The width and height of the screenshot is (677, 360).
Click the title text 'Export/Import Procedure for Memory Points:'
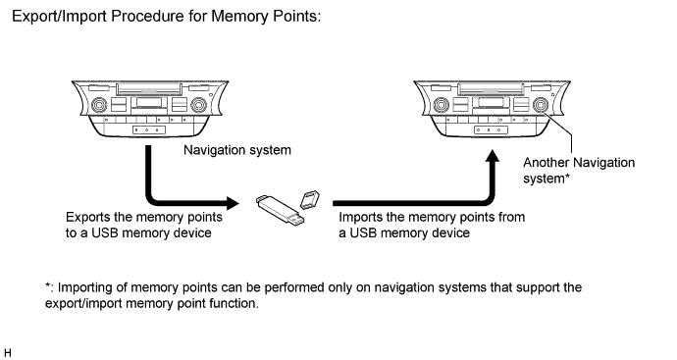[167, 17]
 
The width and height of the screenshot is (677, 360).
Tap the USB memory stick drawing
[281, 210]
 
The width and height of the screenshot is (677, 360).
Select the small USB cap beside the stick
[310, 199]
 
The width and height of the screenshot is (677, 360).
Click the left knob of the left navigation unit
[99, 105]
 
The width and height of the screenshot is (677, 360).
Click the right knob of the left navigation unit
[198, 105]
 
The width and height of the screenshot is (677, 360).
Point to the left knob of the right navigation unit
[441, 105]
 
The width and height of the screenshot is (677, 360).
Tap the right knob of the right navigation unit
[541, 105]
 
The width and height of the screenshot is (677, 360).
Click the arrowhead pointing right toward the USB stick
[233, 203]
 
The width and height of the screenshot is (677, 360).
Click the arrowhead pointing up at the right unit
[493, 156]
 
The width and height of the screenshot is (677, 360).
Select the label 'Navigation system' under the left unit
[237, 150]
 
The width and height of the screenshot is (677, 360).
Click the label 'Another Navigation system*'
[579, 171]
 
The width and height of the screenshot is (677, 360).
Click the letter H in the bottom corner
[7, 353]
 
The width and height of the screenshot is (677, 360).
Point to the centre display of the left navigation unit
[149, 102]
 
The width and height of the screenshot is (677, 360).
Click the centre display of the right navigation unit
[491, 102]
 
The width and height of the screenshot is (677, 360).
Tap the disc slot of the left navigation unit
[149, 89]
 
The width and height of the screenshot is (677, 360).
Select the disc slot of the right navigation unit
[491, 89]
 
